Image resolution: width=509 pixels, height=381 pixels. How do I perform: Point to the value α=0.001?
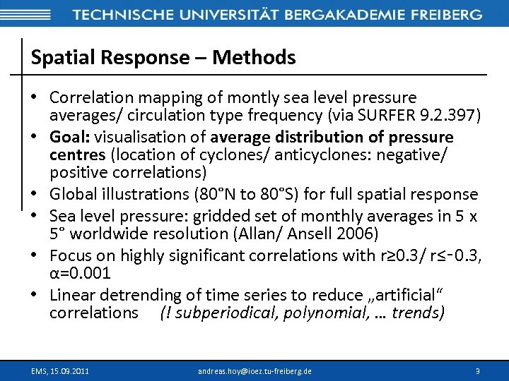80,273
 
